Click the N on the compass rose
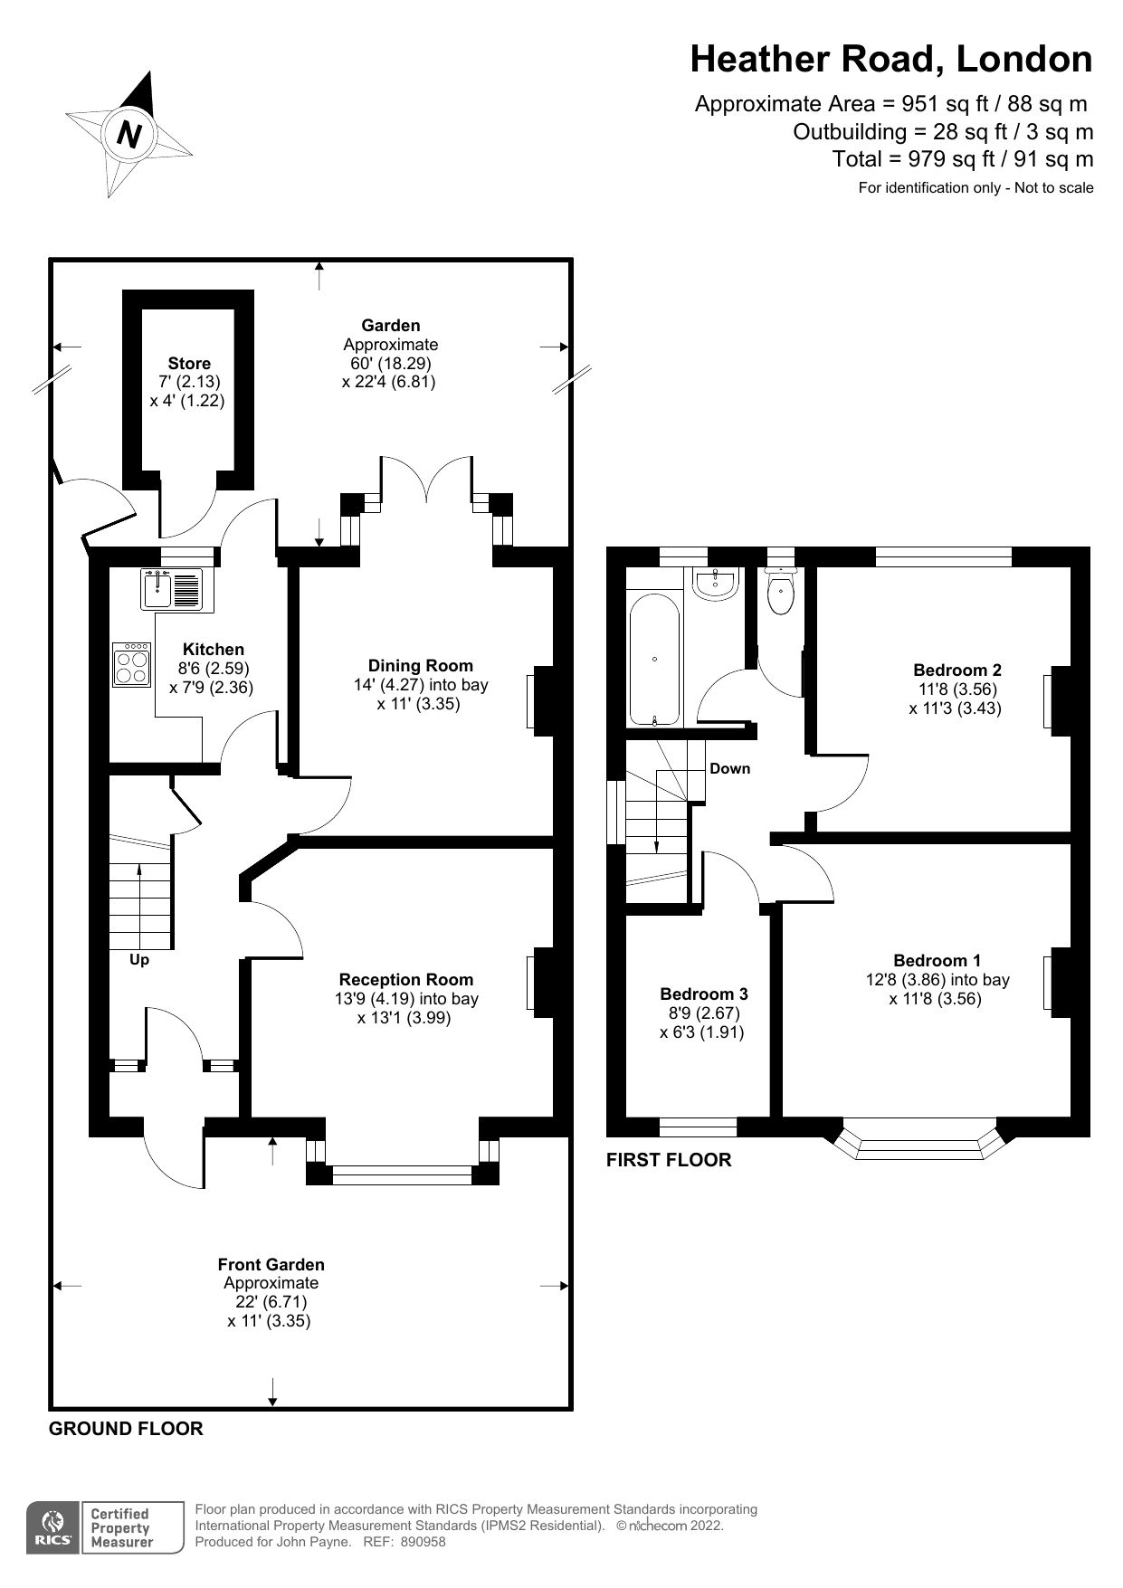(x=130, y=135)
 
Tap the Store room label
(x=189, y=364)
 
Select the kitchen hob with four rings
(x=131, y=665)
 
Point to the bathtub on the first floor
(x=654, y=658)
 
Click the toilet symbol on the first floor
(x=780, y=593)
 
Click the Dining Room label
(x=420, y=666)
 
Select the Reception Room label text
(x=406, y=979)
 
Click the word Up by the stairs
(x=138, y=960)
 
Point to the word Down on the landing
(x=729, y=768)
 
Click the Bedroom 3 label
(x=703, y=994)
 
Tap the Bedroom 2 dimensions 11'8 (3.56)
(x=957, y=689)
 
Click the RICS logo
(x=53, y=1528)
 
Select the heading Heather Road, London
(x=890, y=60)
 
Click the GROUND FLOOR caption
(x=126, y=1429)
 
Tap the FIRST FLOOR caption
(x=668, y=1160)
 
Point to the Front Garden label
(x=271, y=1264)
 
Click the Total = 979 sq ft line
(x=962, y=160)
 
